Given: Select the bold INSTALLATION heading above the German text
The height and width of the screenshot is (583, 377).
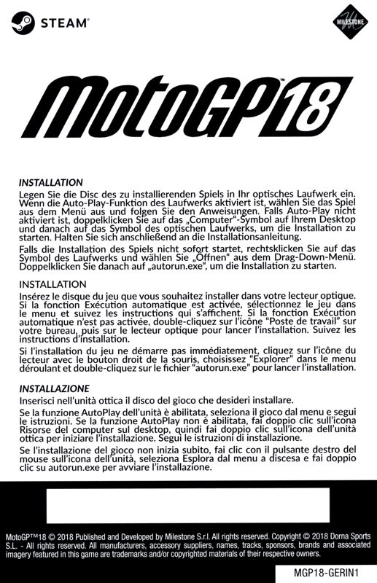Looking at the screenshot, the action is tap(51, 181).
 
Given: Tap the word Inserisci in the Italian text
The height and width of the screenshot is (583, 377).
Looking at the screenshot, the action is tap(42, 401).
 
